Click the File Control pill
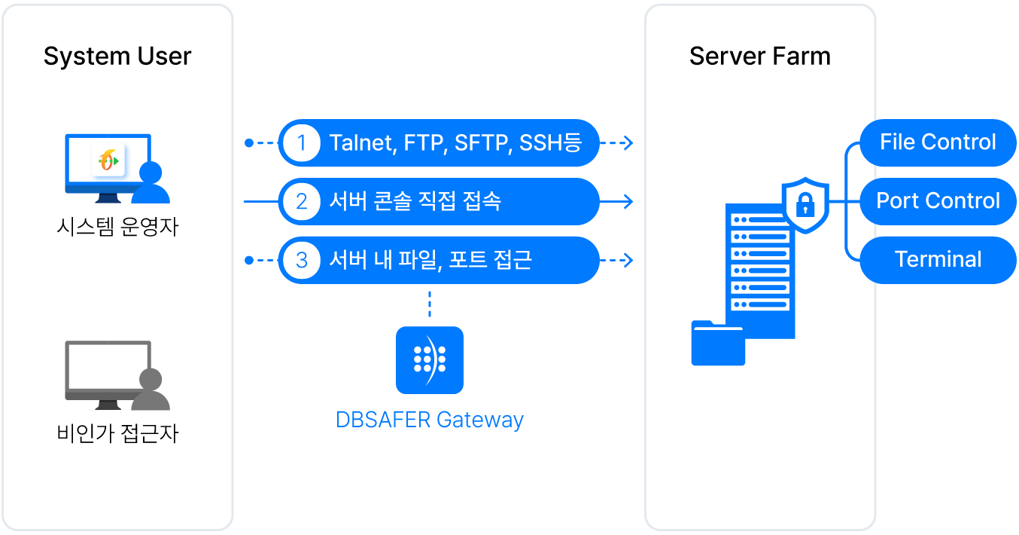click(x=938, y=142)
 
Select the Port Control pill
click(x=938, y=201)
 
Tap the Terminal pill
click(x=938, y=260)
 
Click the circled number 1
click(x=302, y=142)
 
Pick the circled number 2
click(x=302, y=201)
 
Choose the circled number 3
click(x=302, y=260)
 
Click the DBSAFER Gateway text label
click(x=430, y=420)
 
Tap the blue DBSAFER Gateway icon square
click(x=430, y=360)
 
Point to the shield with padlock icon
click(x=805, y=204)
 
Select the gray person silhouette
click(x=151, y=392)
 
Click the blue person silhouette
click(x=151, y=185)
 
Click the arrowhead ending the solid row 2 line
click(x=628, y=201)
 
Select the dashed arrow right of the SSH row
click(x=617, y=142)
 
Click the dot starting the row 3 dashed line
click(x=249, y=260)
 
